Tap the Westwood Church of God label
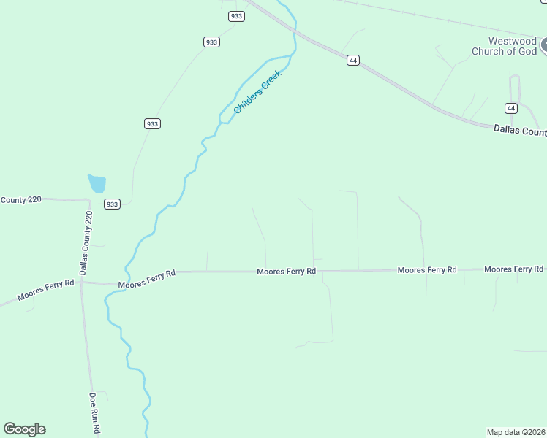coord(504,46)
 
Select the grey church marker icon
coord(543,46)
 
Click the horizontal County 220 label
coord(20,199)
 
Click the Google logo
coord(24,429)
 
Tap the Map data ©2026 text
coord(516,431)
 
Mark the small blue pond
coord(97,183)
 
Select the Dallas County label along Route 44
coord(520,131)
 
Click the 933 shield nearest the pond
coord(112,204)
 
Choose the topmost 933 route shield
coord(235,16)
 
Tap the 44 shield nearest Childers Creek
coord(353,61)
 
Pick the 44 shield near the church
coord(511,108)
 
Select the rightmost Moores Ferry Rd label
coord(513,269)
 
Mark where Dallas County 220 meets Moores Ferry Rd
coord(82,281)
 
